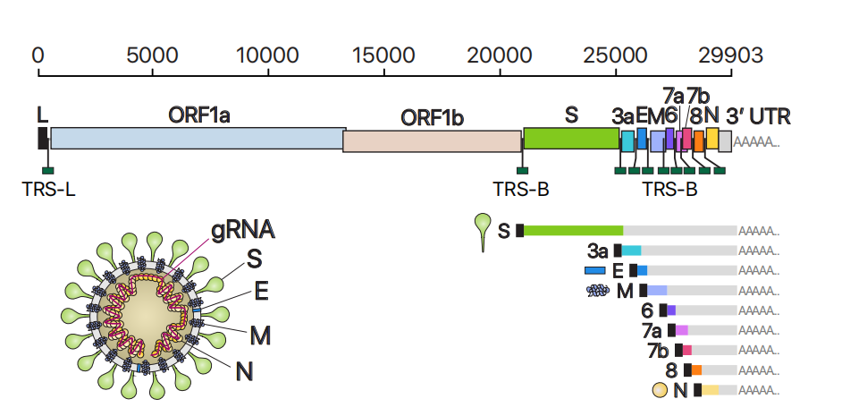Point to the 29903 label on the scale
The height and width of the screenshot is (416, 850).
coord(732,55)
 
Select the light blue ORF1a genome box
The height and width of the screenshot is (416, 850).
coord(198,139)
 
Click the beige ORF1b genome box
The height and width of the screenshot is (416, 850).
coord(432,140)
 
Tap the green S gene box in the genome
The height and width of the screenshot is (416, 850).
coord(571,138)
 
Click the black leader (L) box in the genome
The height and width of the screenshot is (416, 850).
coord(43,138)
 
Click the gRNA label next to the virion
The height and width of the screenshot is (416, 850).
coord(242,229)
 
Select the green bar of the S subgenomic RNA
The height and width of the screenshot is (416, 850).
coord(573,230)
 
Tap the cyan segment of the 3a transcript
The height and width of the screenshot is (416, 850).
coord(631,250)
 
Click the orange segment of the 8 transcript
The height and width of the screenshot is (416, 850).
coord(696,369)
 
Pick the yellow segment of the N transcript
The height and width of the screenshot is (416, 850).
coord(710,390)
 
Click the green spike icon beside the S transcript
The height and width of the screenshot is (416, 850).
coord(483,232)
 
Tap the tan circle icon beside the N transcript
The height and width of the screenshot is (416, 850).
coord(661,390)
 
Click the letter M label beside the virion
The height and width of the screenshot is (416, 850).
coord(260,335)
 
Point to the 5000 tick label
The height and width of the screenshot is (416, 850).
coord(152,55)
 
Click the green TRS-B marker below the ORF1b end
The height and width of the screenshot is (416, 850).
coord(522,170)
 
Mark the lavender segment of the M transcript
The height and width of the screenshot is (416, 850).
coord(657,290)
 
